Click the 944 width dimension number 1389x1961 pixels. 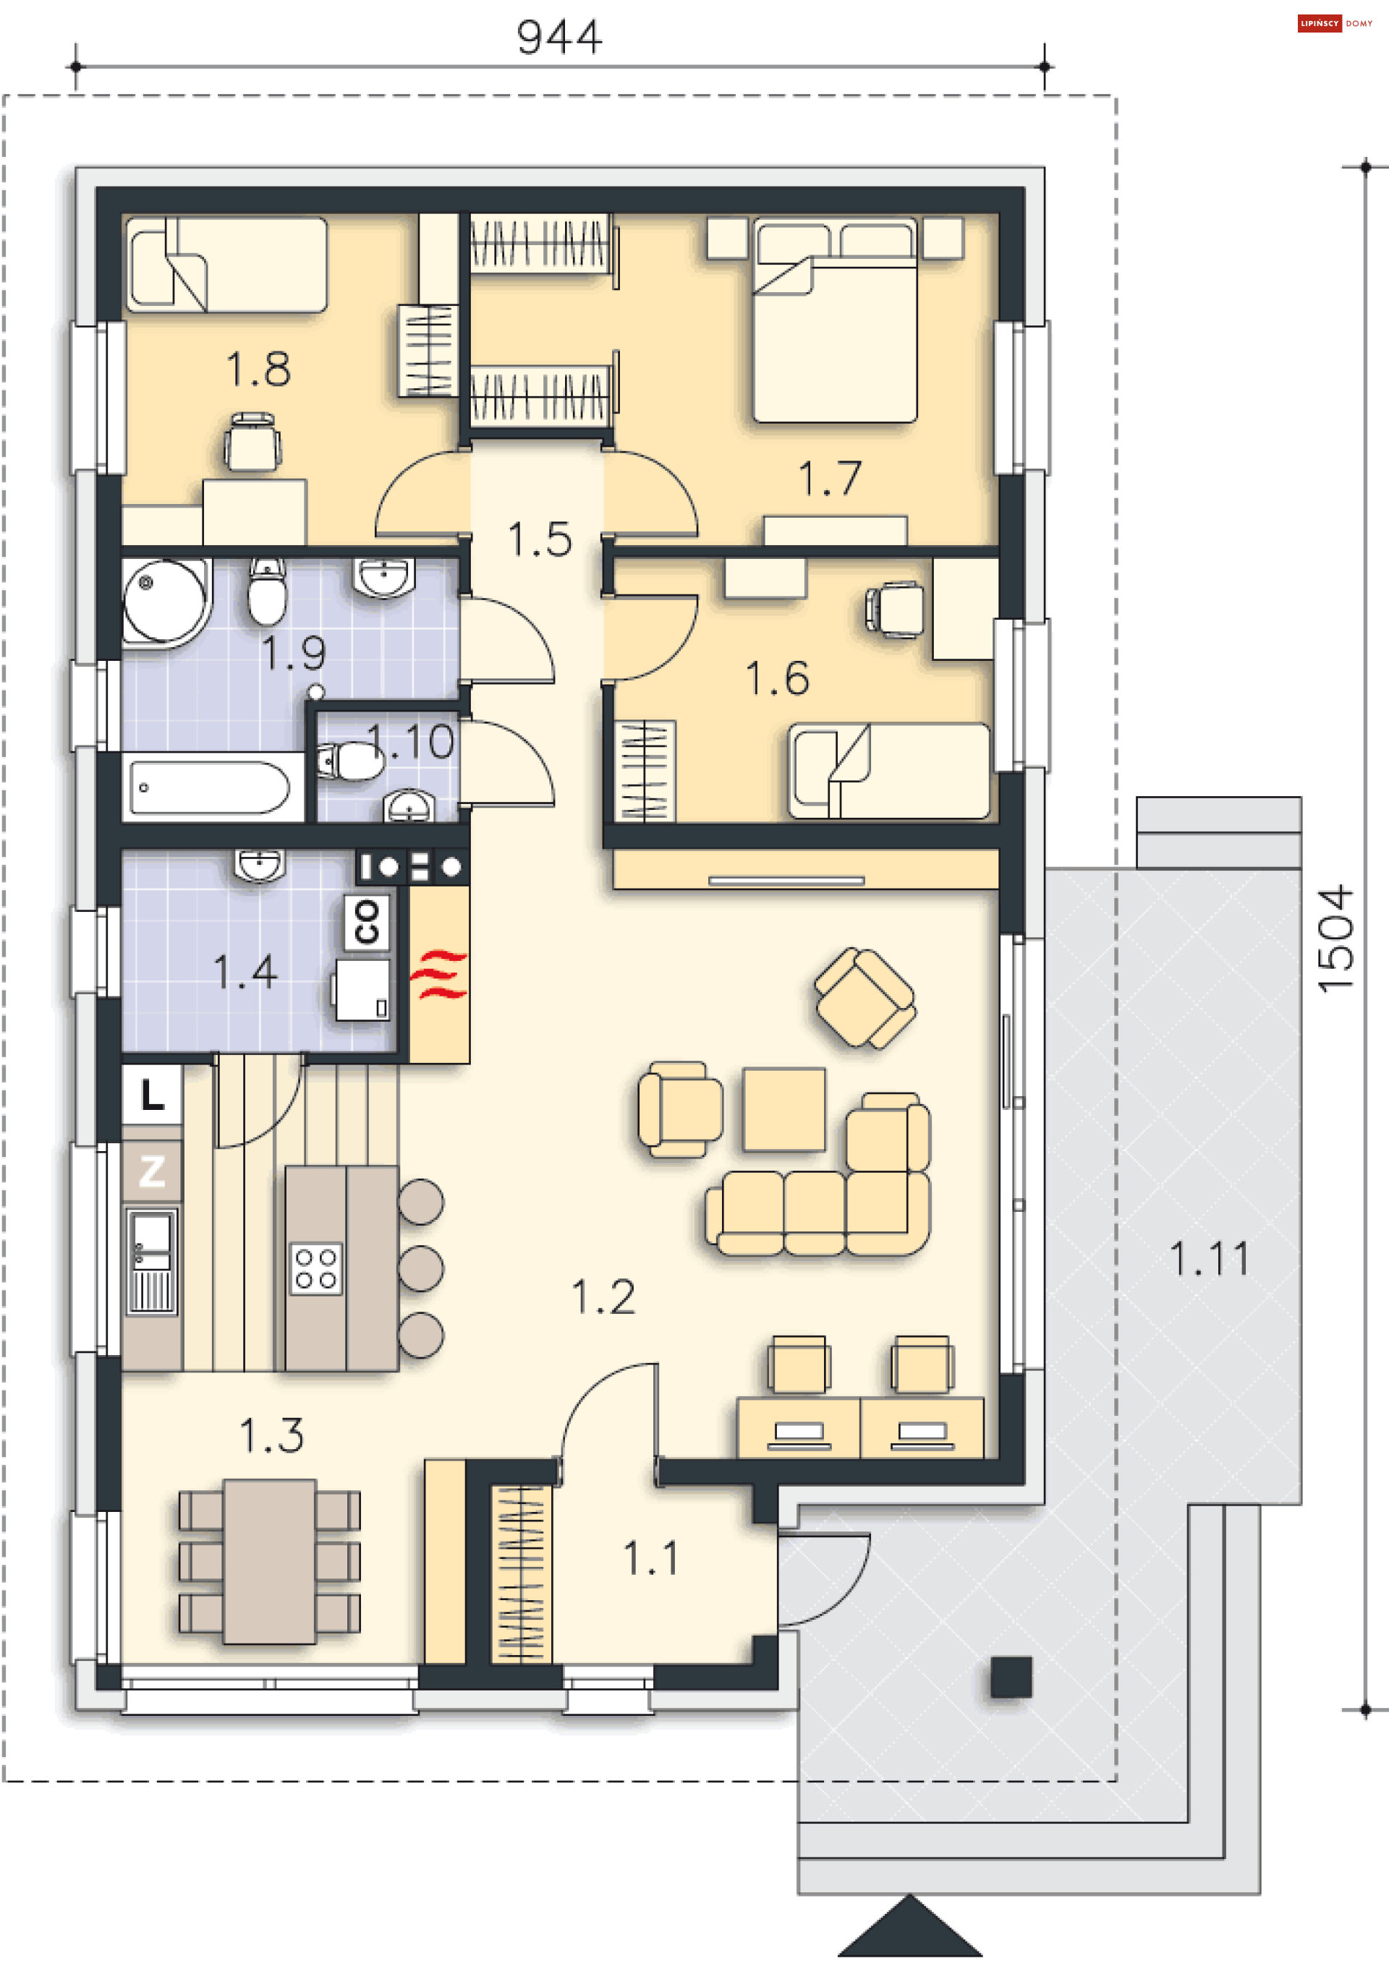[559, 37]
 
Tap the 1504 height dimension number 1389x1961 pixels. [1336, 939]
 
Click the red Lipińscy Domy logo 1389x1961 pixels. [1319, 23]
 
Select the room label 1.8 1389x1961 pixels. [258, 369]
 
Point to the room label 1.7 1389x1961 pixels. [830, 478]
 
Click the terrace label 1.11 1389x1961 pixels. [1210, 1259]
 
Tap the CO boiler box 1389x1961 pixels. [367, 923]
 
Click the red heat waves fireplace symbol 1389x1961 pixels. [439, 974]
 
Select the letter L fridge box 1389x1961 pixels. [152, 1095]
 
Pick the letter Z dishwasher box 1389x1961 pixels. [152, 1170]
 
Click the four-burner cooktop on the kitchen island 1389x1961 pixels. [315, 1268]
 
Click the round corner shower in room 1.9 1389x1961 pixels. [165, 601]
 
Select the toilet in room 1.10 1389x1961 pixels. [352, 761]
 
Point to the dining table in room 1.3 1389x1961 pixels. [269, 1561]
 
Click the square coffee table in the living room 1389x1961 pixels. [784, 1108]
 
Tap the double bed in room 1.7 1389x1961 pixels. [835, 322]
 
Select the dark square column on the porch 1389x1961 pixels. [1011, 1676]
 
